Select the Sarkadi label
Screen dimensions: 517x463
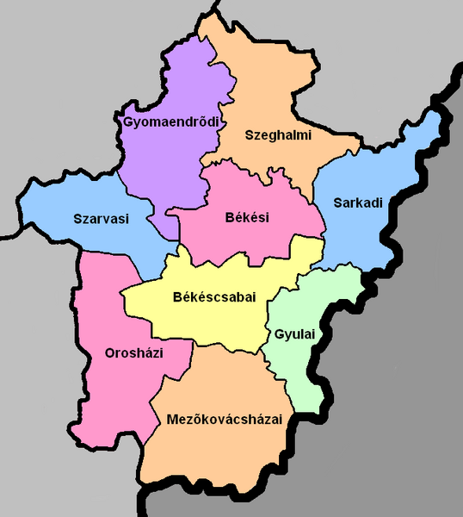[356, 203]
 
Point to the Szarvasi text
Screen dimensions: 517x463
[101, 220]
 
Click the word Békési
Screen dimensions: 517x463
[245, 218]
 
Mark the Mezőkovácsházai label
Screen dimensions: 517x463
[222, 419]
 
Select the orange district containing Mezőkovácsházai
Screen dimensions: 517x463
[215, 457]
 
